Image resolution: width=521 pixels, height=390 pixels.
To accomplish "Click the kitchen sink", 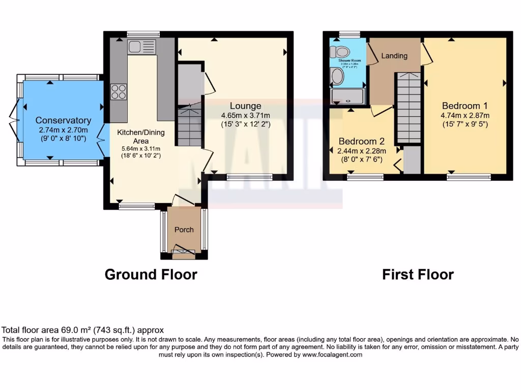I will point(142,47).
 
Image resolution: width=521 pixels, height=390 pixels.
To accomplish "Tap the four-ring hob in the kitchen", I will point(119,92).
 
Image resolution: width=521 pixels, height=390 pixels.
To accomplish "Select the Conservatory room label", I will point(63,120).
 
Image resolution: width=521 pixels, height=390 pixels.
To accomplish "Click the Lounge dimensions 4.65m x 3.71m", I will point(246,115).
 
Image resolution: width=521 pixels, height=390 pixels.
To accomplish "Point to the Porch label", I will point(184,230).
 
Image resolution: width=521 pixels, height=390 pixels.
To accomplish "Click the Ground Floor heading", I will point(151,275).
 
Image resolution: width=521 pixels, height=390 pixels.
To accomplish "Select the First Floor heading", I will point(418,275).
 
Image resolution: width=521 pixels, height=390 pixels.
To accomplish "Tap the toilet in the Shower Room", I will point(339,51).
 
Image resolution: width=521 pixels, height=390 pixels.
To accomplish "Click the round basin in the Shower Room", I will point(337,76).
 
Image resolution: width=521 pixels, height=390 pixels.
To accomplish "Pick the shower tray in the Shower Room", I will point(348,96).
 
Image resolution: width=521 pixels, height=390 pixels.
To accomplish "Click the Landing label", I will point(394,56).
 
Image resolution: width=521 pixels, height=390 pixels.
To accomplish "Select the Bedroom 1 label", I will point(465,106).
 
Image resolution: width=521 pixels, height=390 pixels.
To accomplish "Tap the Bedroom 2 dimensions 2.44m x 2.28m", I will point(361,150).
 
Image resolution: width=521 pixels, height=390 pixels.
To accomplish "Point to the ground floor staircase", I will point(190,125).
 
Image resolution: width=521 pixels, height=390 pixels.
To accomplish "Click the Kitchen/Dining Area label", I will point(140,136).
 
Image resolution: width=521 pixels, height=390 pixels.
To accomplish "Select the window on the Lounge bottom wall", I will point(249,177).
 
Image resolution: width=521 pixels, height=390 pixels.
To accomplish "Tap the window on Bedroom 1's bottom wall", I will point(469,177).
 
